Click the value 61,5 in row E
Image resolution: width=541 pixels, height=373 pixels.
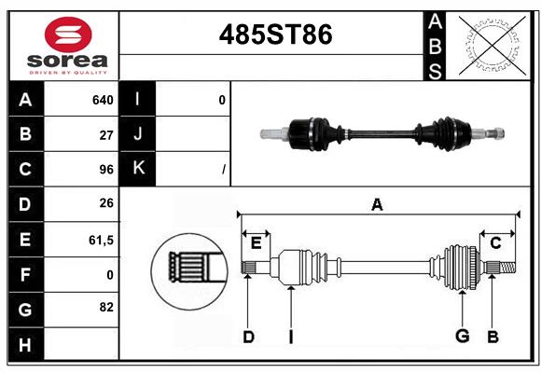click(101, 240)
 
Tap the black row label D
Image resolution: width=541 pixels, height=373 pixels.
click(25, 204)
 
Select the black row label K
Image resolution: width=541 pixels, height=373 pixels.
click(139, 169)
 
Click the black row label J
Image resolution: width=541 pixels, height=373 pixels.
click(139, 134)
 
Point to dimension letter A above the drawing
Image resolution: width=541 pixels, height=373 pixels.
click(377, 205)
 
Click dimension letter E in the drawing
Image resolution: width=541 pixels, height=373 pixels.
click(256, 243)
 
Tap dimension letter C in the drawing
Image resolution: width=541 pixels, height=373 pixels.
click(495, 243)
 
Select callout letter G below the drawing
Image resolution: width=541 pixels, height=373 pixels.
click(461, 337)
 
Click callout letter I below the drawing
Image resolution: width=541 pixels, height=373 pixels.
click(290, 337)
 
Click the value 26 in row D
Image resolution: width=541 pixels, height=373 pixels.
click(106, 204)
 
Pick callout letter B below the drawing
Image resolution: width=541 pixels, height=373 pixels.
click(492, 337)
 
